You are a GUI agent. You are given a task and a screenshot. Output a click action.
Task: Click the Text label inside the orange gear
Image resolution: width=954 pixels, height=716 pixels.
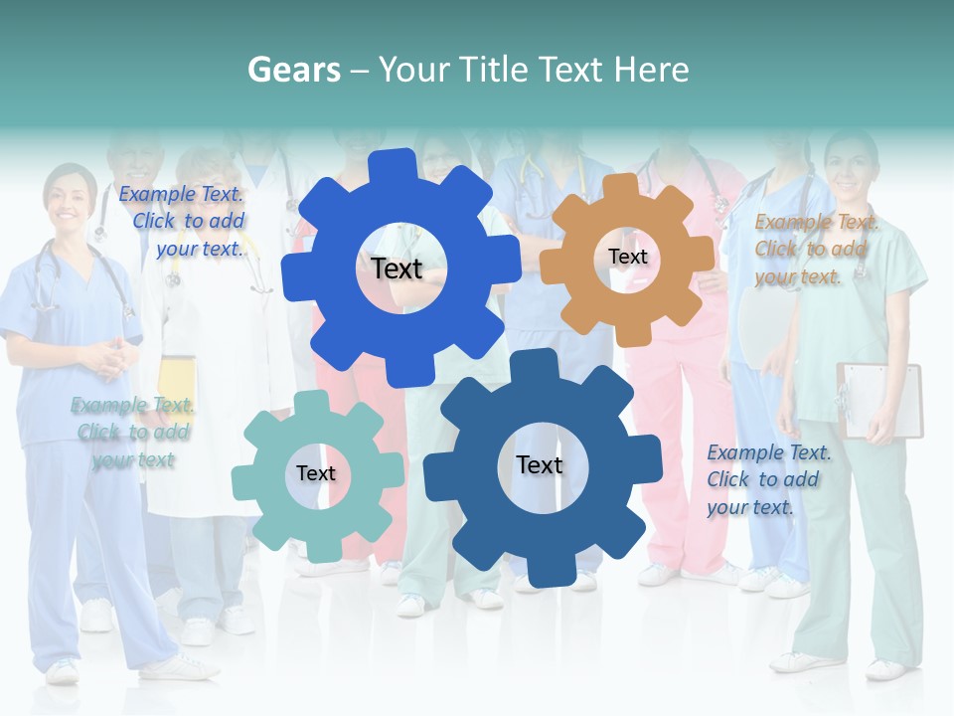[627, 257]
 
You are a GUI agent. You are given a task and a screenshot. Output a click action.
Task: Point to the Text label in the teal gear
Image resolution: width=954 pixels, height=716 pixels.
[315, 473]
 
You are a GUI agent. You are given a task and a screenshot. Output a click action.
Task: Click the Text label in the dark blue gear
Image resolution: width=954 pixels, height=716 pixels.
[540, 464]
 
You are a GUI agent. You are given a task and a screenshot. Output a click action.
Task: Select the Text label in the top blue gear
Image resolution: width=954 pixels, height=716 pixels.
[397, 268]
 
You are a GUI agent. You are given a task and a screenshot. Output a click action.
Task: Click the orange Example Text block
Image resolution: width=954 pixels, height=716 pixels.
[816, 250]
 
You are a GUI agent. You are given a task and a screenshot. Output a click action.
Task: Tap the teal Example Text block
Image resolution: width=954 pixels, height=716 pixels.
[132, 433]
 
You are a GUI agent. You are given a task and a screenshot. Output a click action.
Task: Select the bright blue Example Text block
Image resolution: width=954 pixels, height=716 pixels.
[185, 221]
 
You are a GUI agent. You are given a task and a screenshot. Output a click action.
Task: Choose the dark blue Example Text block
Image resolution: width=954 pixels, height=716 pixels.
[768, 479]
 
